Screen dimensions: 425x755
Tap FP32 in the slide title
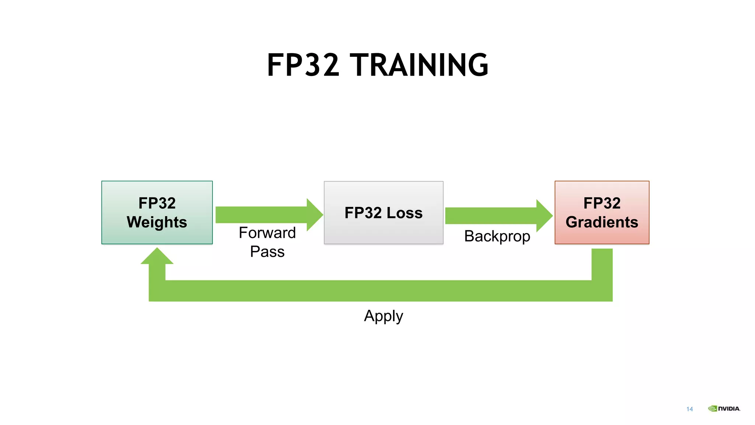303,65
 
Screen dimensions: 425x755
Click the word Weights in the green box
157,222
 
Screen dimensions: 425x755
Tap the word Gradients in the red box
602,222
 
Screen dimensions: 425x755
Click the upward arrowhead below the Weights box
157,256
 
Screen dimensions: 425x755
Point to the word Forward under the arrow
267,233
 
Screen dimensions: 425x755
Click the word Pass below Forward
267,252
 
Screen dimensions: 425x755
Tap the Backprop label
497,236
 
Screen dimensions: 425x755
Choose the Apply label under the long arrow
383,316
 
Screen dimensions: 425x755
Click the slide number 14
689,409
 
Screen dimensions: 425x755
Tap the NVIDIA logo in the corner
724,408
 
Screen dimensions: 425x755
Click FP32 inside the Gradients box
602,203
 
